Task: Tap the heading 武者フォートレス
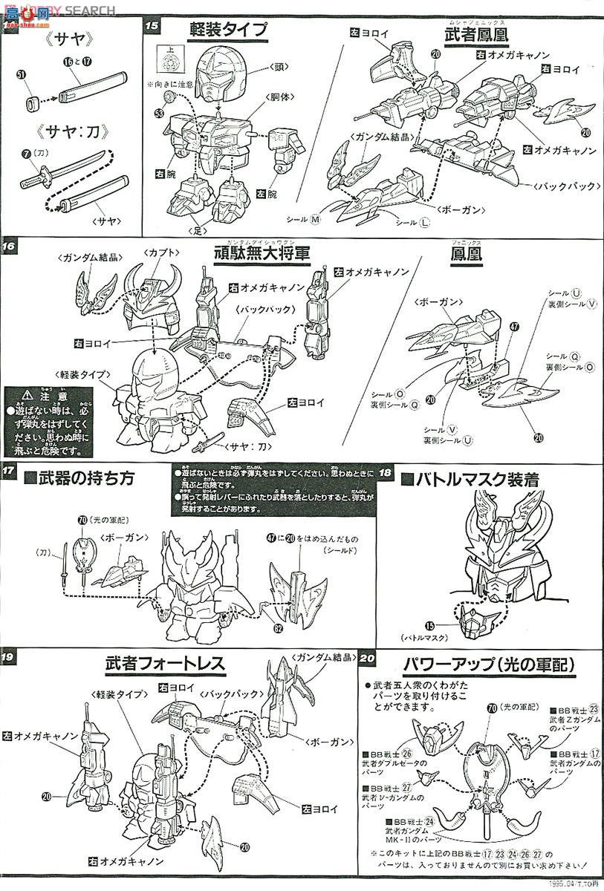(x=164, y=665)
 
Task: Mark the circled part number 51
(x=21, y=74)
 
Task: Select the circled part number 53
(x=158, y=113)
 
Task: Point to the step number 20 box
(x=368, y=659)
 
